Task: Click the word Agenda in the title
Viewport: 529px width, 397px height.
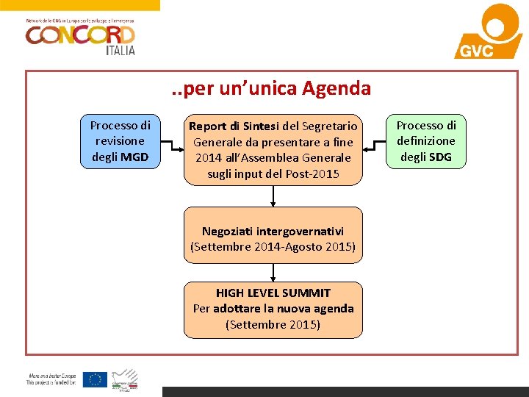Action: tap(336, 89)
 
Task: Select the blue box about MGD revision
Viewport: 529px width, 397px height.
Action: tap(120, 141)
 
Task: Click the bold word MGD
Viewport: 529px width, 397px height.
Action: tap(134, 157)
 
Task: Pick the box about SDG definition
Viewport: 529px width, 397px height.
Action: tap(426, 141)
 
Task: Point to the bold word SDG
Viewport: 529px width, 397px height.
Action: tap(439, 157)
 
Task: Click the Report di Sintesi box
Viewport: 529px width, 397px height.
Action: tap(273, 149)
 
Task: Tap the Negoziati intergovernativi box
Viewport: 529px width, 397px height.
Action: tap(273, 239)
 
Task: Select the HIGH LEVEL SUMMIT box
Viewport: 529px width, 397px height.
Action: tap(273, 309)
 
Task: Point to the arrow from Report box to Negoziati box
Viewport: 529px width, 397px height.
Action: tap(273, 196)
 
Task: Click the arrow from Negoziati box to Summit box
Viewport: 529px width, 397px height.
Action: tap(273, 272)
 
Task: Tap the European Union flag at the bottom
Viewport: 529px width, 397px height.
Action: tap(95, 379)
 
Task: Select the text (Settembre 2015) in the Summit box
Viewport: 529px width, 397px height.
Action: tap(273, 324)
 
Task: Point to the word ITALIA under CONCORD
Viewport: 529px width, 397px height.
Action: tap(121, 50)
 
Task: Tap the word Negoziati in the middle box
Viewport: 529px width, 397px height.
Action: tap(227, 231)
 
